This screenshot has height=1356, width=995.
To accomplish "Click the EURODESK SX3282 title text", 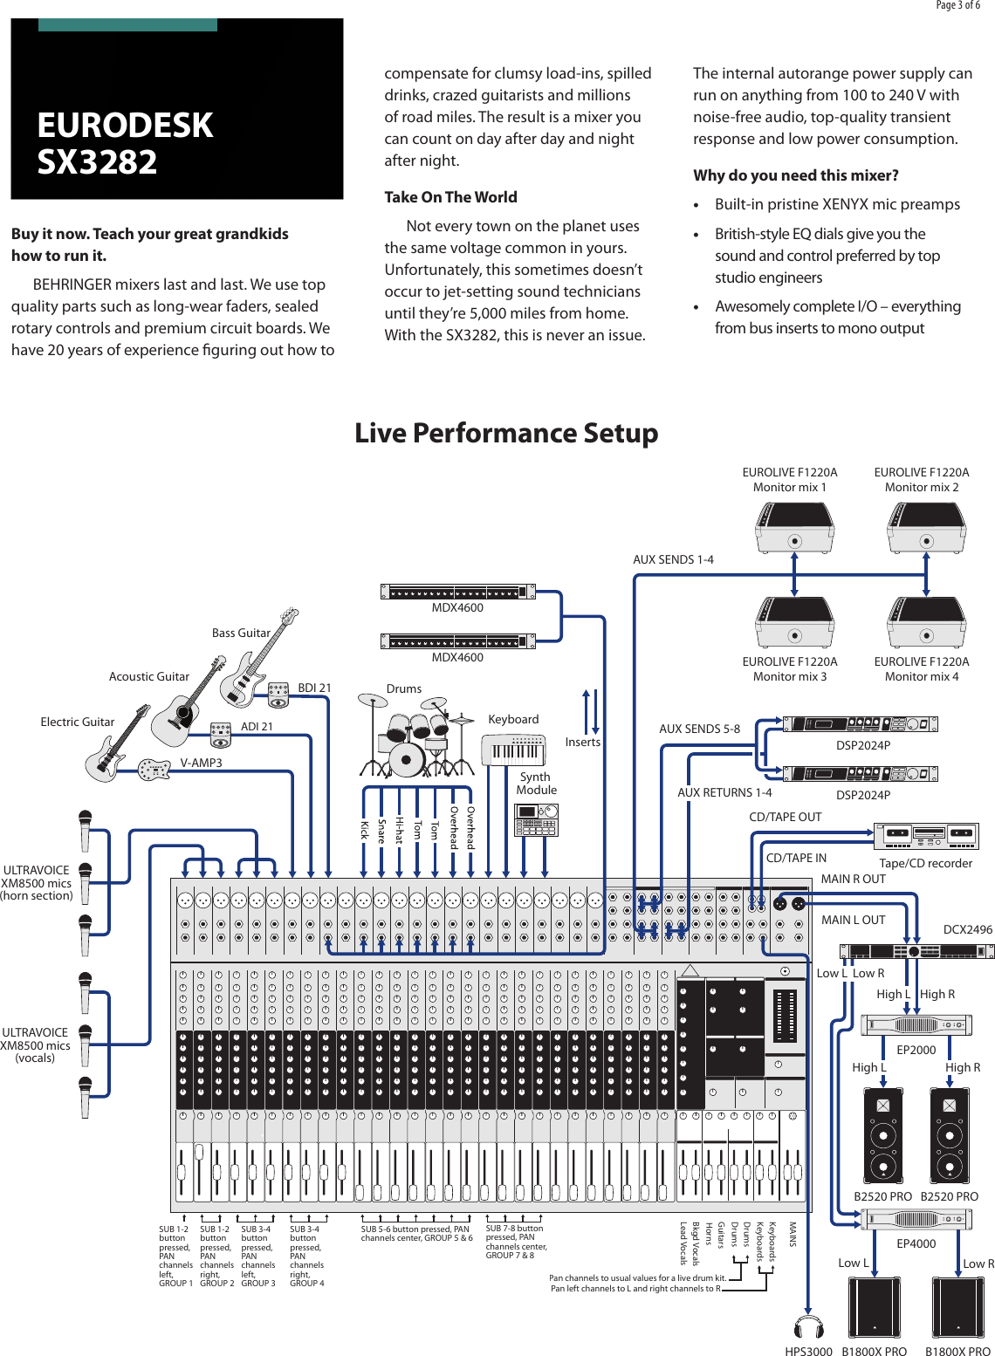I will [x=124, y=143].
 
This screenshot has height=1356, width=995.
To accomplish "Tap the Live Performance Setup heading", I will [x=506, y=433].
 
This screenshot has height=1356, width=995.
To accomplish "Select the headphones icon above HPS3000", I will [x=808, y=1327].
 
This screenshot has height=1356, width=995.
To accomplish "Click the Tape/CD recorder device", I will [x=926, y=836].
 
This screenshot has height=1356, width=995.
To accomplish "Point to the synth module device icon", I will [x=536, y=821].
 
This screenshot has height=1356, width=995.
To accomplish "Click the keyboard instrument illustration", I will [x=514, y=750].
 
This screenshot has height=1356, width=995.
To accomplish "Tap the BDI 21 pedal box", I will [x=278, y=695].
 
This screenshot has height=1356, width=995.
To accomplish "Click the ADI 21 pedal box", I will [x=221, y=735].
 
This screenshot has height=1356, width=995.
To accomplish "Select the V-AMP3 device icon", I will [x=154, y=769].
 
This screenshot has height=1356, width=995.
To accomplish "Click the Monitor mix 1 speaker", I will [x=794, y=528].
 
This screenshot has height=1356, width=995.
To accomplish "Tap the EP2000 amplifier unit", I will [x=916, y=1025].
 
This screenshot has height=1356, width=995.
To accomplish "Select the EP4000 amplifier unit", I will [x=916, y=1219].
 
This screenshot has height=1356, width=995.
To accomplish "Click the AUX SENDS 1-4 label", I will [x=673, y=559].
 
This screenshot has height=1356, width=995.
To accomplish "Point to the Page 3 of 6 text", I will [x=957, y=5].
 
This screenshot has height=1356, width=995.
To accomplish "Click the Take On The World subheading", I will [x=450, y=197].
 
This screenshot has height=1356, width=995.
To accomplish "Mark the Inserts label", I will [x=582, y=742].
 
